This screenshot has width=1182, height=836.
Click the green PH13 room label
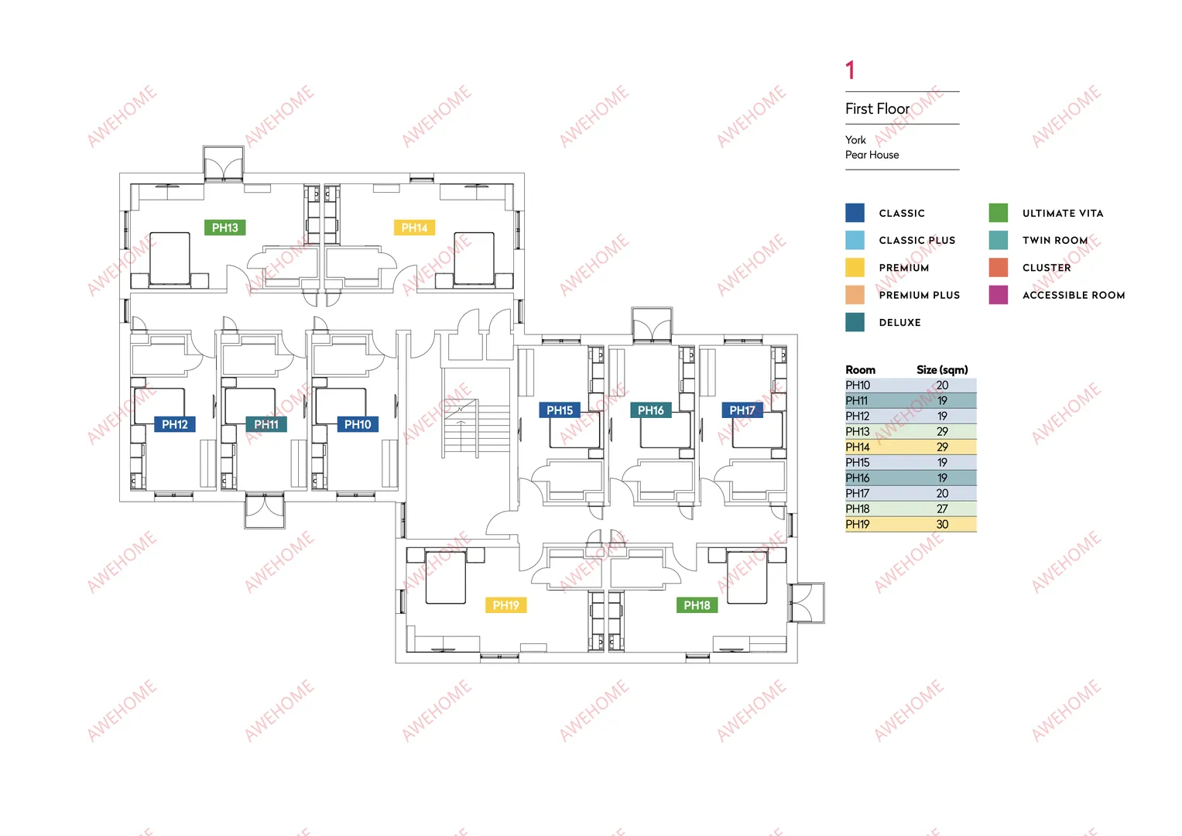(224, 228)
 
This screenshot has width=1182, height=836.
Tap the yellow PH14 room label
(414, 228)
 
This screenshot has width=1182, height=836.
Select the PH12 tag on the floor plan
(175, 424)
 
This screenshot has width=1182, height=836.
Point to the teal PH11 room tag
(266, 424)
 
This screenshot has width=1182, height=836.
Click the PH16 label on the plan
(651, 410)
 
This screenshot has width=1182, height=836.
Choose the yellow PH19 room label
(506, 605)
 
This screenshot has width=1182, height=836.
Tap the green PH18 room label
(697, 605)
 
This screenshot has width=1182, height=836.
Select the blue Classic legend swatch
(855, 213)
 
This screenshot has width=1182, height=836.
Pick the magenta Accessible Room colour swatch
(999, 295)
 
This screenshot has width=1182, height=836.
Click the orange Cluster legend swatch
(999, 268)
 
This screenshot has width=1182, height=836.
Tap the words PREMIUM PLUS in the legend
(920, 295)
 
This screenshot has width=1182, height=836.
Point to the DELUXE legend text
(899, 323)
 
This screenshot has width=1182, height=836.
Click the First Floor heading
(877, 108)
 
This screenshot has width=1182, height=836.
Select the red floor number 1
(850, 70)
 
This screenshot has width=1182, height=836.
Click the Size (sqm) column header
(942, 369)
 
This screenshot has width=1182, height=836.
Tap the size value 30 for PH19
(942, 524)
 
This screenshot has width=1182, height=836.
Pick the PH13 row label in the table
(858, 431)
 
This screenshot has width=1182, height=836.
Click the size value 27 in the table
(942, 509)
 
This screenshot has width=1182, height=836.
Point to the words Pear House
(872, 155)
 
